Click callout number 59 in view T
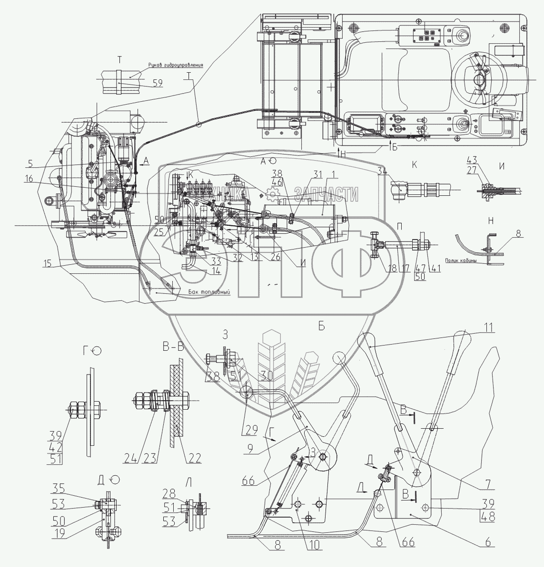[x=157, y=83]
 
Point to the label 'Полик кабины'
[x=462, y=260]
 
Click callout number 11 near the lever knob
[x=489, y=327]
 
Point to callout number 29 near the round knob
[x=252, y=430]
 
